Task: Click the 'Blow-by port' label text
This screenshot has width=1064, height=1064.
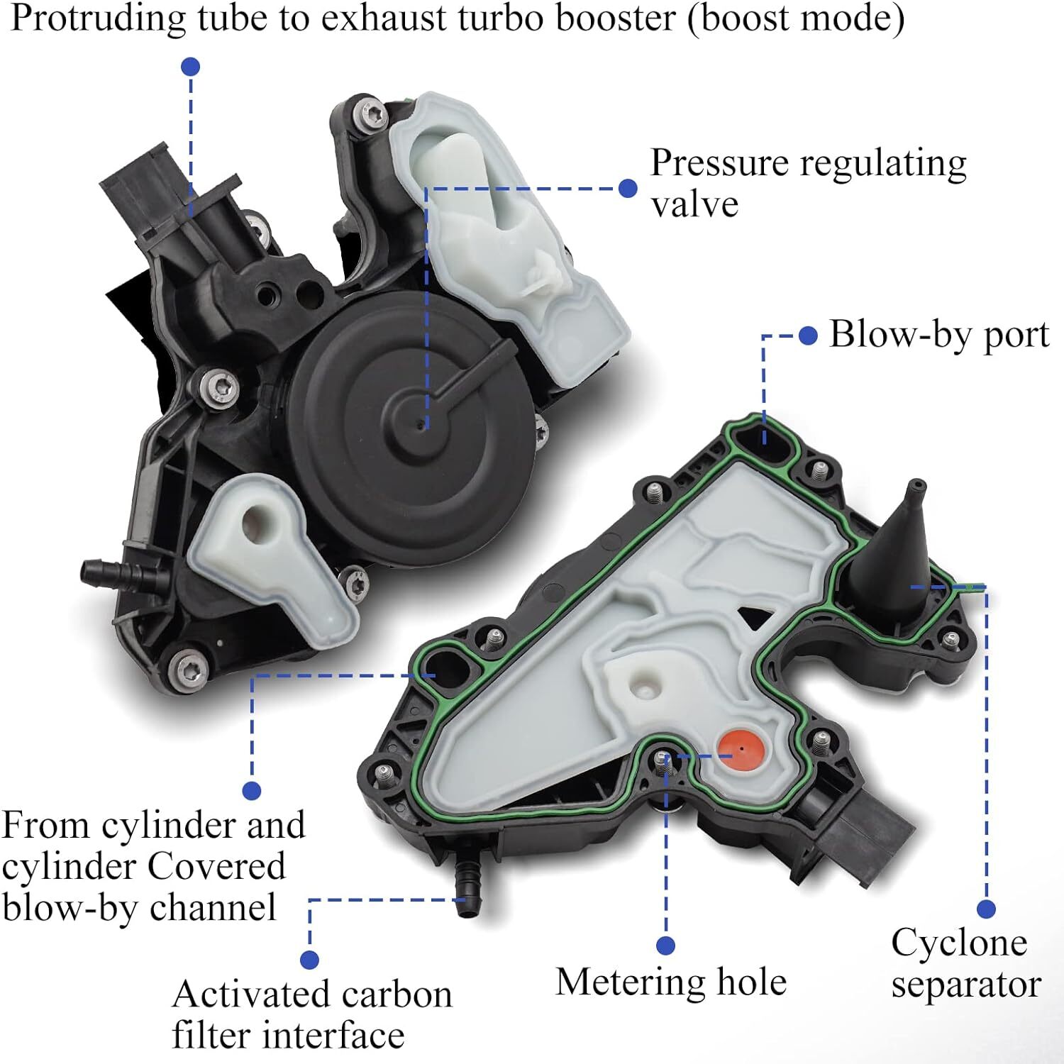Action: pos(938,334)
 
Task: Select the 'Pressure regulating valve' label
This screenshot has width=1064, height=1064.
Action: pos(808,183)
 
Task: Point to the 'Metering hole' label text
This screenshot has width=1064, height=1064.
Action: pos(670,982)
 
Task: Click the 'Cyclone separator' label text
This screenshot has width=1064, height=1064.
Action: pos(965,963)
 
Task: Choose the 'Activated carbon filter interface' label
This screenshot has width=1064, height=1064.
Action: pos(312,1014)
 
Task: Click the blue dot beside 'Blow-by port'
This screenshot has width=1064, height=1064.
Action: pos(808,336)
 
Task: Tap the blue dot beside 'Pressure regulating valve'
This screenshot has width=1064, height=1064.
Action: pos(627,188)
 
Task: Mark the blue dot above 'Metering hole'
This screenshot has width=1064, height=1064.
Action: pos(665,945)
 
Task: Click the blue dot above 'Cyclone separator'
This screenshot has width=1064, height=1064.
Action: pos(985,909)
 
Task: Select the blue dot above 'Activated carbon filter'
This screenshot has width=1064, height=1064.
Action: pos(309,960)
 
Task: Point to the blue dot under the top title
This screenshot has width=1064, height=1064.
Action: pos(190,67)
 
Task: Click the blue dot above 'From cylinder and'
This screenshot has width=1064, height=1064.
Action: pos(251,790)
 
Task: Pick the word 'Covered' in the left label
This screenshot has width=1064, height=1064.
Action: pos(216,866)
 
